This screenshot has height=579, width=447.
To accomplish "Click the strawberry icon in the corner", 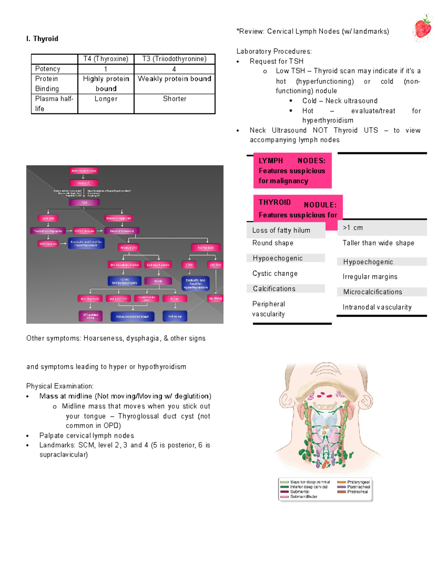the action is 424,28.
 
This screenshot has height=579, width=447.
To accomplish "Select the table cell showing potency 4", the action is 174,69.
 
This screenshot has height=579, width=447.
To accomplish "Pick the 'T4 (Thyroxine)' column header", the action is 106,59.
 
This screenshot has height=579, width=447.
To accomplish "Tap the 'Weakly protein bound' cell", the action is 174,79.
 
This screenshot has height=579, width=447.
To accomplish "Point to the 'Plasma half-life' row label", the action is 54,104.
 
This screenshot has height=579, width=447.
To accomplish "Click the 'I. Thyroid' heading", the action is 42,39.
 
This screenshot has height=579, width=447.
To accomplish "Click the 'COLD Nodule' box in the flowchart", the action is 85,231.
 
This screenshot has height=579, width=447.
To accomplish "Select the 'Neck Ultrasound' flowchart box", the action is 122,231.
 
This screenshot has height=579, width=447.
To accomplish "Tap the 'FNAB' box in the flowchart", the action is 158,281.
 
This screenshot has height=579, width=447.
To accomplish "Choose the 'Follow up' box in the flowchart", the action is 175,317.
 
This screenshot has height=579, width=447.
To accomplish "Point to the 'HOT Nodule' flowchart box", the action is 48,244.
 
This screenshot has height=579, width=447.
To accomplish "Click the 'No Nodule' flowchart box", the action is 206,248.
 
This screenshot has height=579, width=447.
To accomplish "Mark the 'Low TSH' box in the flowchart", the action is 48,218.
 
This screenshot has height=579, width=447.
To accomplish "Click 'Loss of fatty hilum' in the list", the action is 281,230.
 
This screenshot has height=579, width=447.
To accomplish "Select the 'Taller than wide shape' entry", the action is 378,243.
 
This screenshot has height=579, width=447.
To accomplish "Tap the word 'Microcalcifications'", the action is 372,292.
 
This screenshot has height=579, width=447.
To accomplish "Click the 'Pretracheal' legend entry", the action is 357,492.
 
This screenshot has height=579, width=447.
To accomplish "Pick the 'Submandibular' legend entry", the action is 304,497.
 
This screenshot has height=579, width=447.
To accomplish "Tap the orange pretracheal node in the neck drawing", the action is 324,464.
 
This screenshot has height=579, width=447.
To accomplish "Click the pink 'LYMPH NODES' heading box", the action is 292,171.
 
